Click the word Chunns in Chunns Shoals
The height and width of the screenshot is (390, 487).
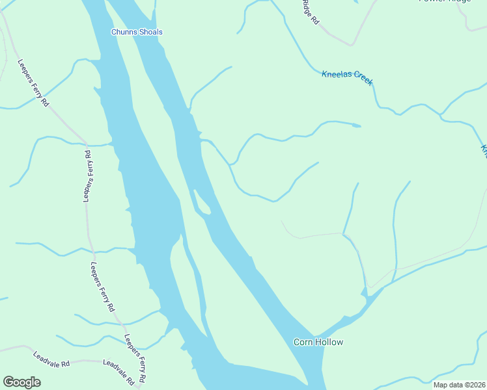click(x=124, y=32)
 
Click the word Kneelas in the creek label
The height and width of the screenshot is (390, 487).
click(x=337, y=75)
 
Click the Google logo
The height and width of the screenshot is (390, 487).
click(x=21, y=382)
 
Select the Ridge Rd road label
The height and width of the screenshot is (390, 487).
click(x=311, y=12)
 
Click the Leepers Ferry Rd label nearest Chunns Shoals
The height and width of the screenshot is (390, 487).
click(x=33, y=83)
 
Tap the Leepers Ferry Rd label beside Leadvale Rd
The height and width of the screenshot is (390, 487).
click(x=135, y=358)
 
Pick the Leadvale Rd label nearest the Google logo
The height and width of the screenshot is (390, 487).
click(x=51, y=359)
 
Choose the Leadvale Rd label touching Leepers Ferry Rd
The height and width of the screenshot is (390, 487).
click(x=118, y=370)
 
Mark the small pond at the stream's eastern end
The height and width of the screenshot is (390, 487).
click(x=355, y=125)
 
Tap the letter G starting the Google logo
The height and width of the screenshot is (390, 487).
click(x=8, y=382)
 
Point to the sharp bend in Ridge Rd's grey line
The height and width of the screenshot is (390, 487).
click(x=352, y=45)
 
